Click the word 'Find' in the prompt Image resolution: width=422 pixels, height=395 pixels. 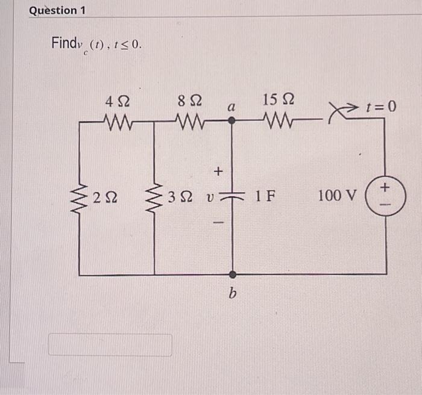(x=62, y=43)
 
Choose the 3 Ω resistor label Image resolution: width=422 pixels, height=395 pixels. (x=181, y=196)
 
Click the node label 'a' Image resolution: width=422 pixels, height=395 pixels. (x=230, y=107)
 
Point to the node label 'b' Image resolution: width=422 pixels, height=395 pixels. (x=232, y=293)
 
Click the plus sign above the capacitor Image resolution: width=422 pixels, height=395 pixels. (x=218, y=172)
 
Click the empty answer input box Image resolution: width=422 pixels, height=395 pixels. (x=110, y=345)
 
